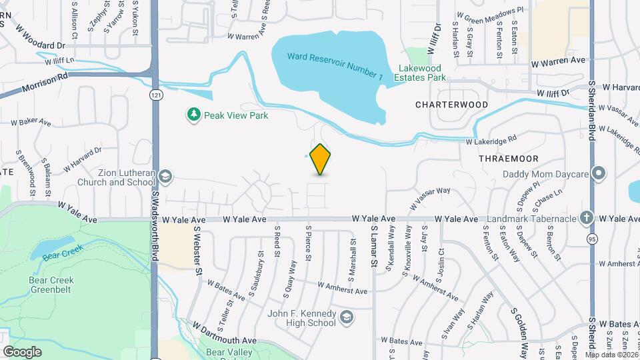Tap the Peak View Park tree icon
point(194,115)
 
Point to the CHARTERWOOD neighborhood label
point(451,105)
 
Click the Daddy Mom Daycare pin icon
point(599,175)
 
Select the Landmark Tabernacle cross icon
point(585,218)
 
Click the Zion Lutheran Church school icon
point(165,177)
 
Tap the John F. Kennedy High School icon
point(346,317)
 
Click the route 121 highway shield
point(155,95)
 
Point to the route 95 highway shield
point(591,238)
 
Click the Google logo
point(22,351)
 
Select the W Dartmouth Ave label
point(225,333)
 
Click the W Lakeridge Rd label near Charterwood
point(491,141)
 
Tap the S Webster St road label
point(198,250)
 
